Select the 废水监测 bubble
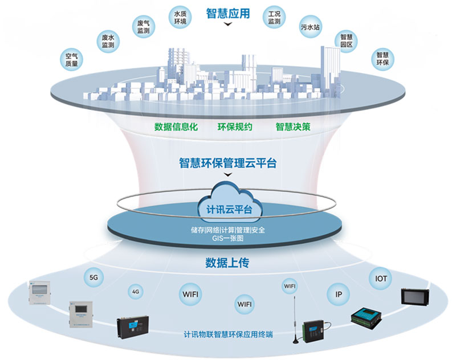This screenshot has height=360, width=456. click(107, 40)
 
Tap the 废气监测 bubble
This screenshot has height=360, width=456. click(144, 27)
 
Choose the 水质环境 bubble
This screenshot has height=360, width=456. click(181, 17)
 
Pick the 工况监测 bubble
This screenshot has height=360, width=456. click(274, 17)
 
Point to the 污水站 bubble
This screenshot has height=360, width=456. click(311, 27)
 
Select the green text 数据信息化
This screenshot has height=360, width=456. click(176, 126)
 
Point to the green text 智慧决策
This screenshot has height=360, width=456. click(292, 126)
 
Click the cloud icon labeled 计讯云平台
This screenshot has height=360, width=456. click(227, 205)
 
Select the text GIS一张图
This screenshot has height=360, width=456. click(227, 239)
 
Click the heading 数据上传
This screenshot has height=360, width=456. click(227, 264)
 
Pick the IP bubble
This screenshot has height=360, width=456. click(339, 294)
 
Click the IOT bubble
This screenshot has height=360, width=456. click(381, 279)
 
